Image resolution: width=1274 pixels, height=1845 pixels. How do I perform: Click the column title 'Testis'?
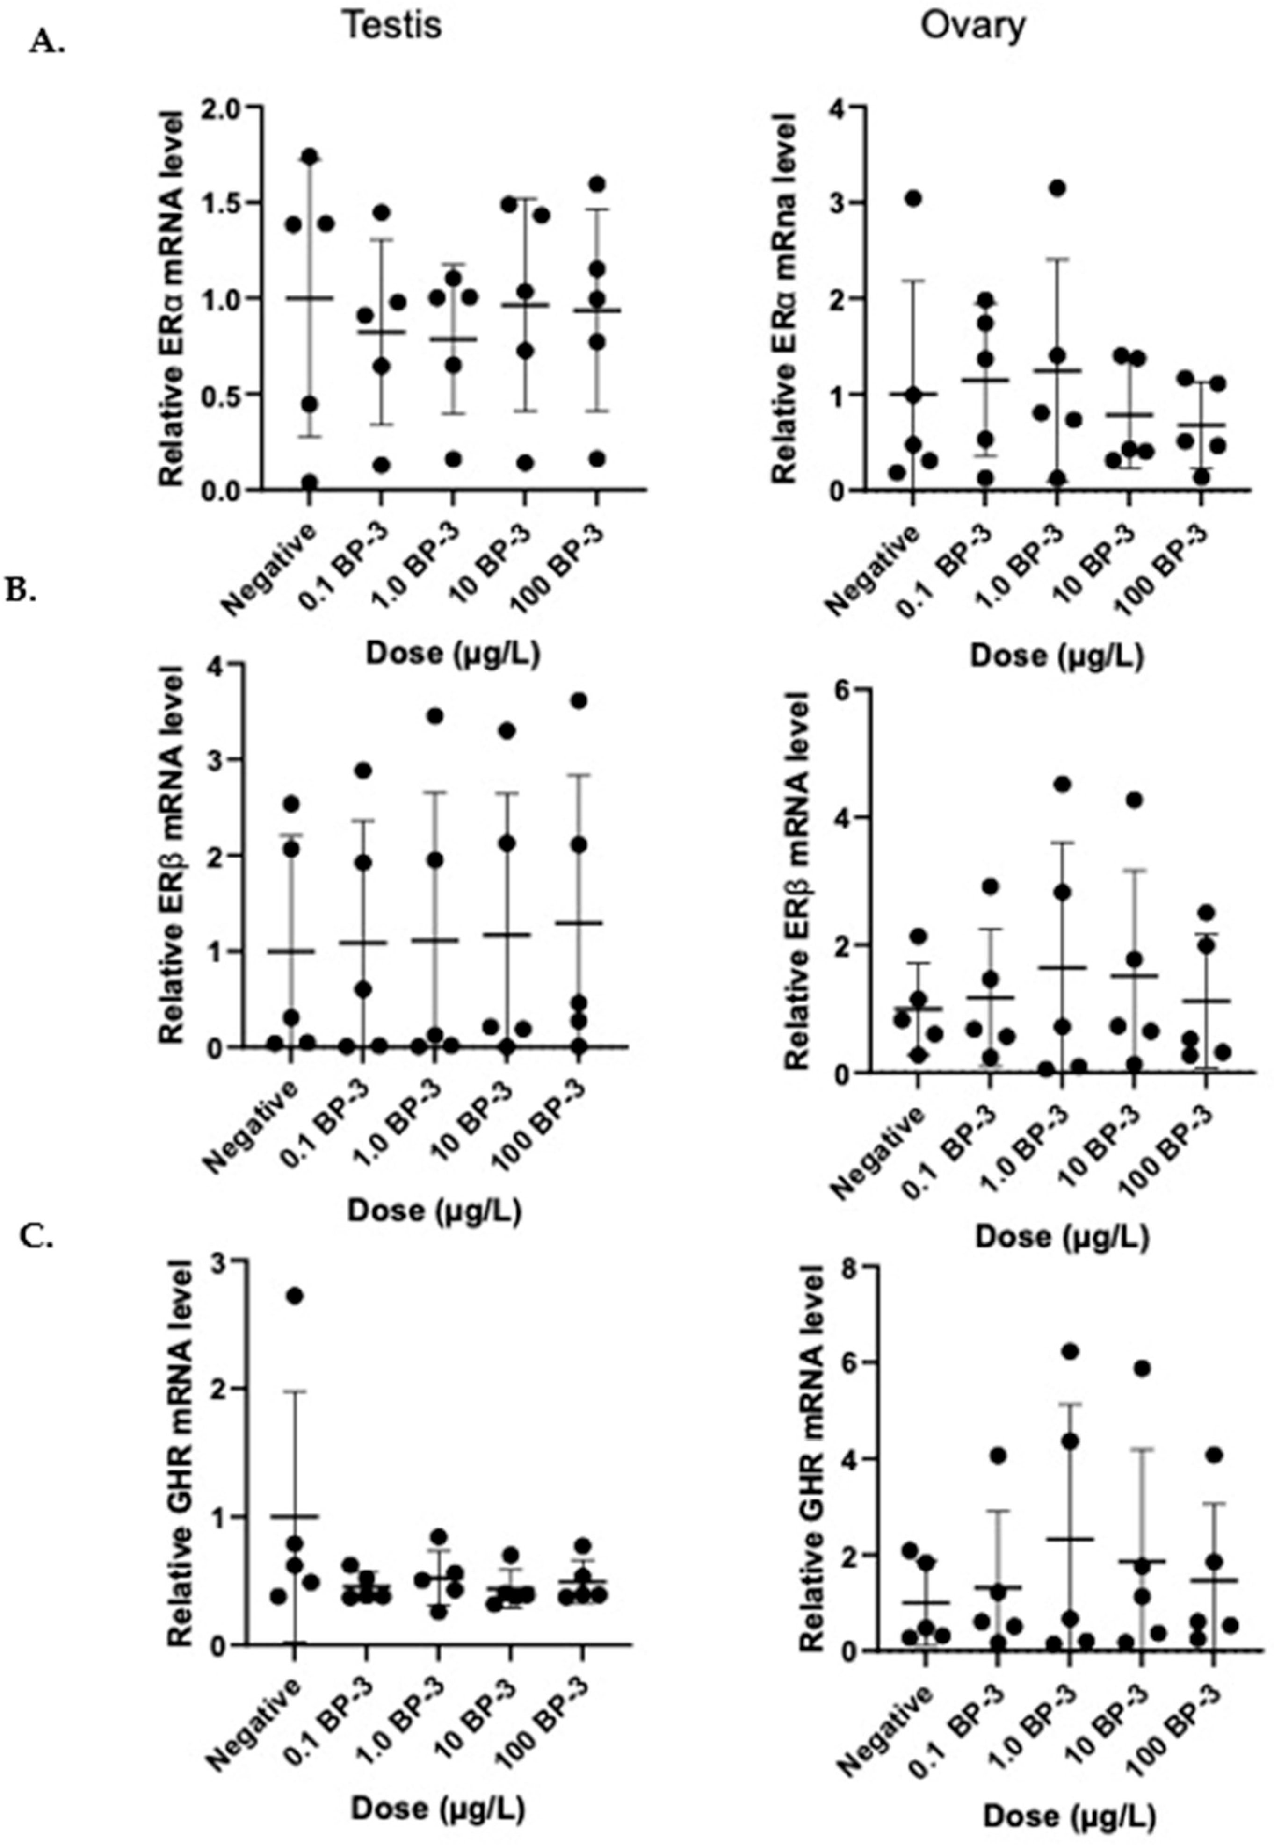coord(392,26)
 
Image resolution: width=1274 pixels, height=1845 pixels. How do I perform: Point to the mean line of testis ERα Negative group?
coord(309,298)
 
